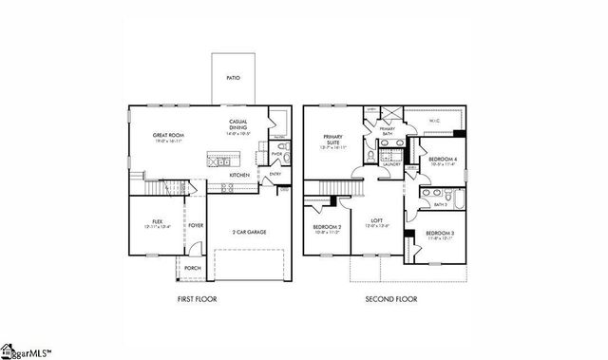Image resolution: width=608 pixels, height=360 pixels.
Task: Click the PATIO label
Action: click(234, 78)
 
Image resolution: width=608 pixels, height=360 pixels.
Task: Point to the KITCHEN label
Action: click(239, 176)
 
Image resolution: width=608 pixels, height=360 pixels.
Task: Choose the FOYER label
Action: click(196, 225)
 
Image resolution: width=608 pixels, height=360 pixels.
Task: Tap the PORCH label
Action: click(192, 268)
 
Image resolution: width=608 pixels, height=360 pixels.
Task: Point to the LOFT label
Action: click(377, 221)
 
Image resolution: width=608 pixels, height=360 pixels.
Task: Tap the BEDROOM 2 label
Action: click(328, 229)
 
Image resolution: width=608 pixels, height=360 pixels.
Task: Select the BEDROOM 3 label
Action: click(439, 236)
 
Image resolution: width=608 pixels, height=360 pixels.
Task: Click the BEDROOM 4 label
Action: click(442, 160)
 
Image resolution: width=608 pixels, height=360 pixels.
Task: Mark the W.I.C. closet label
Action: click(433, 121)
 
